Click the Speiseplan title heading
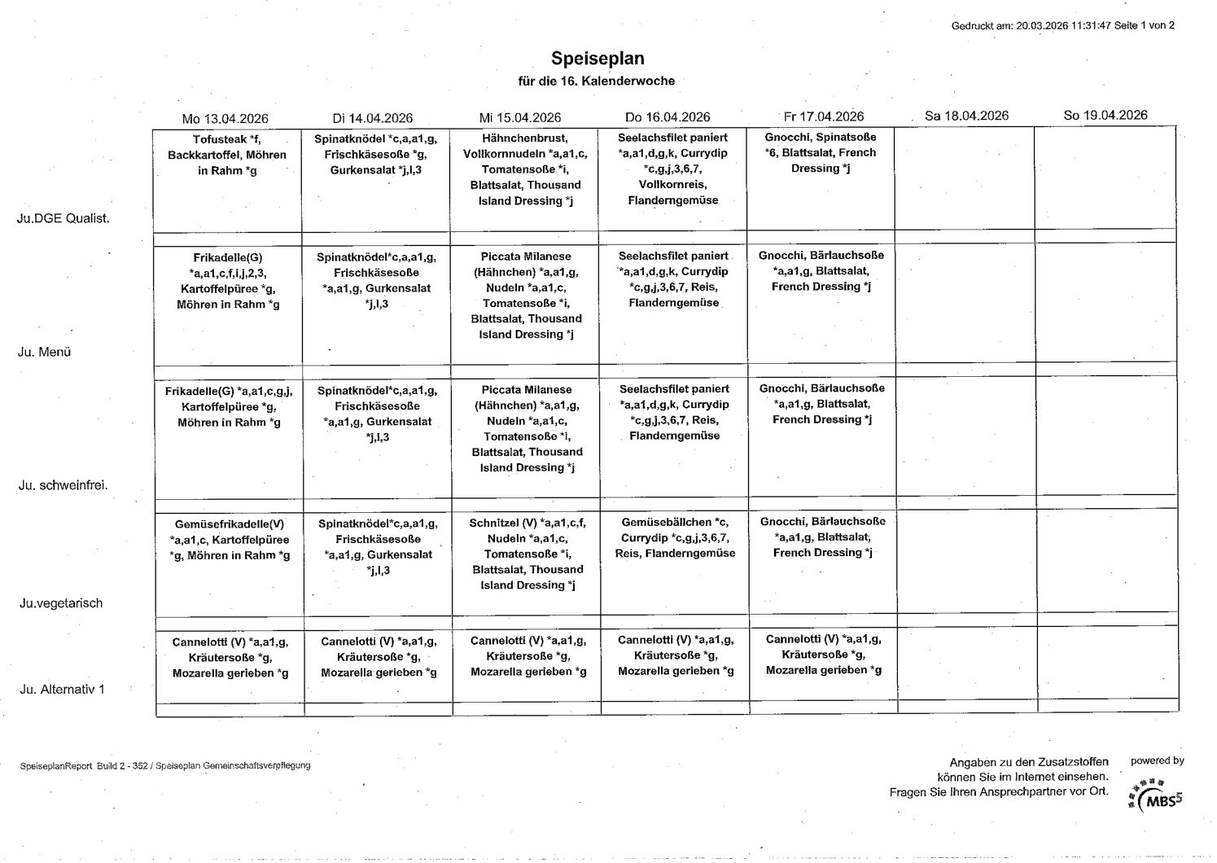[x=598, y=59]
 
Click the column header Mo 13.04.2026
[x=225, y=118]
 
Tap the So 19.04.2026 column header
[x=1105, y=116]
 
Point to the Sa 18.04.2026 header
[x=966, y=116]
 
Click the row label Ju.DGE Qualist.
[x=63, y=218]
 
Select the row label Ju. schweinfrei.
[x=63, y=485]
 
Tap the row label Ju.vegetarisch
[x=62, y=603]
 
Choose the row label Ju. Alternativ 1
[x=62, y=690]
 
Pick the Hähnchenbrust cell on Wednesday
[x=524, y=169]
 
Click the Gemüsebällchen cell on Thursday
[x=675, y=537]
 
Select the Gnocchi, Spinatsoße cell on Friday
[x=821, y=153]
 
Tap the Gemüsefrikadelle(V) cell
[x=230, y=540]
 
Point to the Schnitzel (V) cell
[x=527, y=554]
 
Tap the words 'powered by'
[x=1157, y=761]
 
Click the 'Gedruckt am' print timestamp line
[x=1062, y=25]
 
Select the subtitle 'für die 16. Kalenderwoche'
[x=597, y=81]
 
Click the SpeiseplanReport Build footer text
[x=165, y=766]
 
